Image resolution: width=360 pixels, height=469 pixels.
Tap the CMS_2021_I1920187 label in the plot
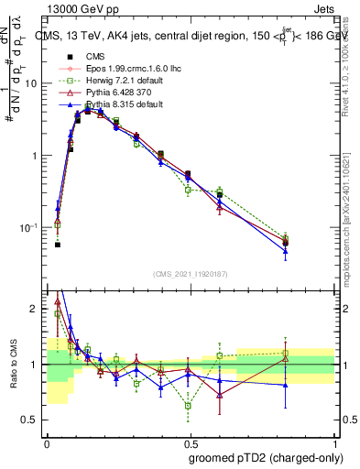coord(190,273)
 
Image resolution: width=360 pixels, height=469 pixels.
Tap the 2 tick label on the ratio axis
coord(37,310)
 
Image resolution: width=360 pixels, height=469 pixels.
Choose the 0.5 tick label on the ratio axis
coord(33,420)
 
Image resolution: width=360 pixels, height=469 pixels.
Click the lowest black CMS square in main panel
coord(57,245)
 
